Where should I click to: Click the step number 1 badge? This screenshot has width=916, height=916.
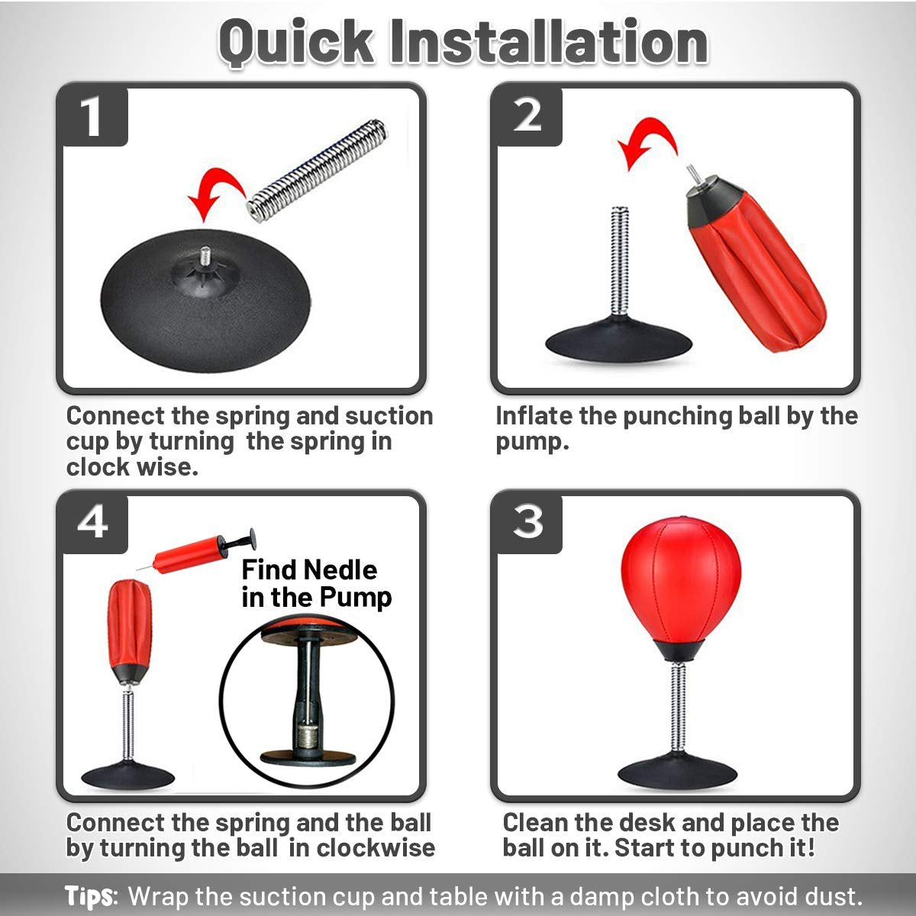tap(93, 117)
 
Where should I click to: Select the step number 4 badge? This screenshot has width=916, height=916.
tap(93, 524)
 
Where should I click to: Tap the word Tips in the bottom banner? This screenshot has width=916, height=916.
tap(90, 895)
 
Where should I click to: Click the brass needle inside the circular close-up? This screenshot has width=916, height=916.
tap(307, 737)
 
